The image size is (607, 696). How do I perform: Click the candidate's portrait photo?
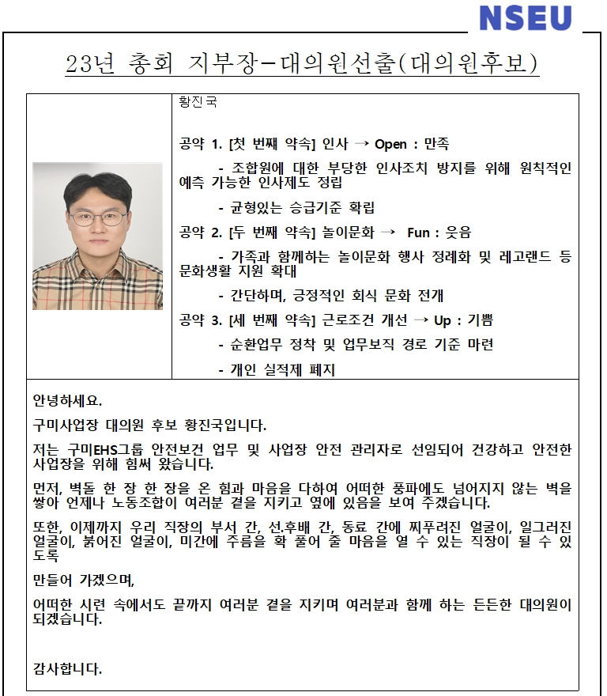(x=97, y=236)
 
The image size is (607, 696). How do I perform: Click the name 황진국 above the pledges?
(x=198, y=102)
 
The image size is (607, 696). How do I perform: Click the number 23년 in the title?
(x=90, y=64)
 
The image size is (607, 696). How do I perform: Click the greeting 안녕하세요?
(x=67, y=399)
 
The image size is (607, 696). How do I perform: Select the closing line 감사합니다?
(x=67, y=669)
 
